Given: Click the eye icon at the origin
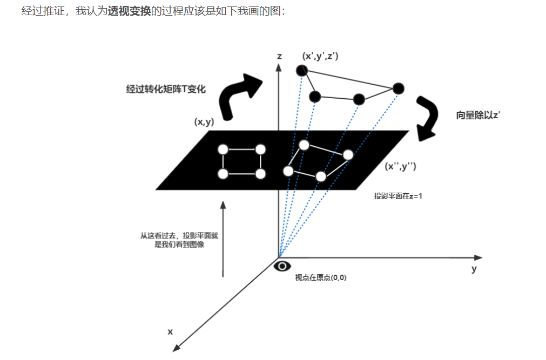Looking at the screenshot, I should click(282, 266).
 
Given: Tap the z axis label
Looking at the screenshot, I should click(279, 56).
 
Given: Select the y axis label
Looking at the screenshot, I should click(474, 269).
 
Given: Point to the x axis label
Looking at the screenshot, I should click(170, 331).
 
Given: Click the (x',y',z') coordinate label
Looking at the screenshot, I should click(321, 56).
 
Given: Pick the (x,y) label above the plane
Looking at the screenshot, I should click(204, 122).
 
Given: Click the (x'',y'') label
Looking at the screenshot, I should click(400, 167).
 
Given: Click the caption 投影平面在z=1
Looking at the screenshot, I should click(398, 196).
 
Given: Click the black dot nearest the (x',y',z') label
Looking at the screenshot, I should click(302, 70).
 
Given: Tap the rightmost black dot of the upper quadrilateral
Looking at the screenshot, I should click(398, 89).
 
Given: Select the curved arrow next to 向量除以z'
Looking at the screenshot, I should click(428, 118).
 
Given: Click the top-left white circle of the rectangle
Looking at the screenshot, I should click(223, 150).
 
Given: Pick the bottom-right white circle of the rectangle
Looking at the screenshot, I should click(261, 174).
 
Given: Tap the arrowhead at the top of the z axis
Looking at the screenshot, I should click(279, 66).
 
